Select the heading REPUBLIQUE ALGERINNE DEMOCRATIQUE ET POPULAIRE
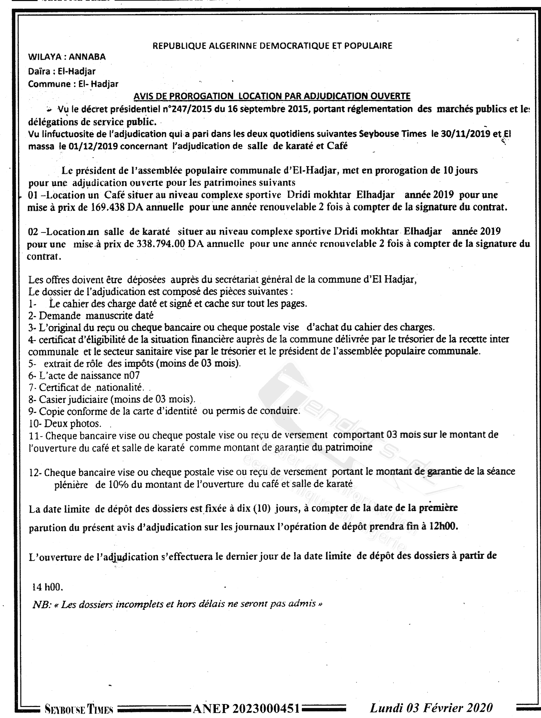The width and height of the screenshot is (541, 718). pyautogui.click(x=272, y=46)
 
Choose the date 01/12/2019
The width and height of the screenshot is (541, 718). pyautogui.click(x=92, y=146)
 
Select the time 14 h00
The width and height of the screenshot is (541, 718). pyautogui.click(x=48, y=587)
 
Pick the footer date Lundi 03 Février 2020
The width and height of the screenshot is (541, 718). pyautogui.click(x=431, y=709)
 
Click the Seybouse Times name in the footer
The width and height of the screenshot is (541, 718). pyautogui.click(x=79, y=710)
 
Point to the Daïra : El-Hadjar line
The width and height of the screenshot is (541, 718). pyautogui.click(x=62, y=71)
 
